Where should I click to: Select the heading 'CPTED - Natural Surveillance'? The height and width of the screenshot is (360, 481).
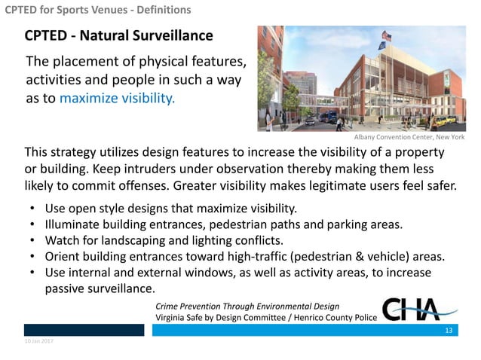(x=118, y=36)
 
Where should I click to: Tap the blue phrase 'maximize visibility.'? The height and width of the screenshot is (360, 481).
(x=116, y=99)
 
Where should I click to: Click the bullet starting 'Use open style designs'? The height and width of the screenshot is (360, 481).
(x=171, y=207)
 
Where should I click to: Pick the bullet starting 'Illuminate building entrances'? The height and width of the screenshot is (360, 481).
(x=222, y=224)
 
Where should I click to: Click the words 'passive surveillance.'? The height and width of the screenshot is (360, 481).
(x=100, y=288)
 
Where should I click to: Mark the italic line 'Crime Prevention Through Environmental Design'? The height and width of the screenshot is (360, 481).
(x=247, y=306)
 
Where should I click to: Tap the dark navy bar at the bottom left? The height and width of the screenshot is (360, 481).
(x=83, y=331)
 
